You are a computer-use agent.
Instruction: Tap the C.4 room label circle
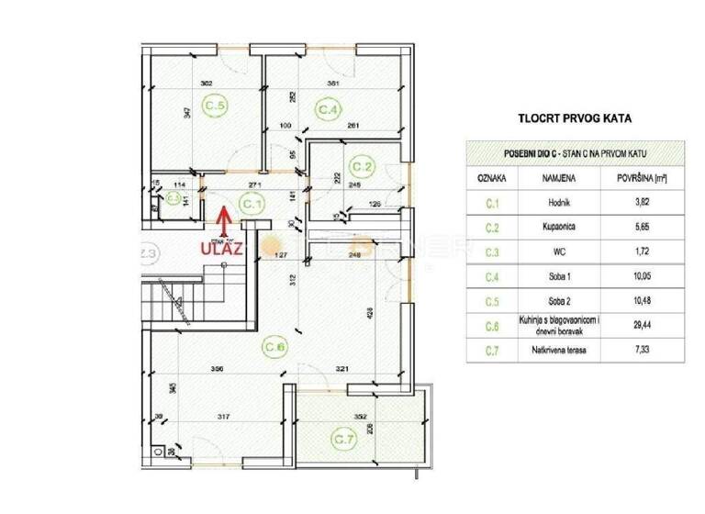[x=329, y=109]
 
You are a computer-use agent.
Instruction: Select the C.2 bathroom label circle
[x=364, y=167]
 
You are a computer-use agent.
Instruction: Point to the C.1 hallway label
[x=252, y=205]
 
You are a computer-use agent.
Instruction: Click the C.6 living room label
[x=275, y=346]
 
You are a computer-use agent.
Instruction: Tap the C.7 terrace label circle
[x=344, y=439]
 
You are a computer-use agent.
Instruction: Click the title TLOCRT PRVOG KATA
[x=575, y=118]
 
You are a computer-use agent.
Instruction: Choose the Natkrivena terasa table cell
[x=559, y=350]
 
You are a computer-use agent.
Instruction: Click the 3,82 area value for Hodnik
[x=641, y=200]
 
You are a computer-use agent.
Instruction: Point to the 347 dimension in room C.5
[x=187, y=113]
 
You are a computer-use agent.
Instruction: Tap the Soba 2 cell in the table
[x=559, y=299]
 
